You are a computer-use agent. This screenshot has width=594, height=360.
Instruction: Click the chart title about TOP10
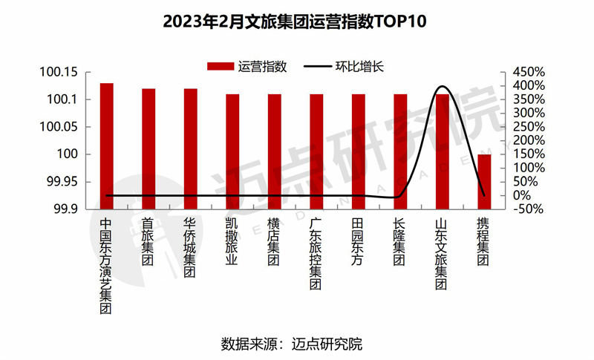(297, 20)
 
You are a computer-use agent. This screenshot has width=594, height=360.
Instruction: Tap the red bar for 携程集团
(484, 181)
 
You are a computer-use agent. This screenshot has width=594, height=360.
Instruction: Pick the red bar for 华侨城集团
(191, 148)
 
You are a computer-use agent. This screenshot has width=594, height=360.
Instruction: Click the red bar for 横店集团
(275, 151)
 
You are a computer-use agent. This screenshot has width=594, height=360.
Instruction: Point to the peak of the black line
(443, 87)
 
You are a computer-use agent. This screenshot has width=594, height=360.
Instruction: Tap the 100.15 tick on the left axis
(59, 73)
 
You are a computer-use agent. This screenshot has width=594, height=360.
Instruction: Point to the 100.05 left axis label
(59, 127)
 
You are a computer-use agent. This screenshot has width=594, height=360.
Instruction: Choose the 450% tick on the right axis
(529, 73)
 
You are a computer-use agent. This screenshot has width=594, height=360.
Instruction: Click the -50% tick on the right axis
(529, 209)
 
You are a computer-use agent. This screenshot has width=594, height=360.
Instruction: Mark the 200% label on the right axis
(529, 141)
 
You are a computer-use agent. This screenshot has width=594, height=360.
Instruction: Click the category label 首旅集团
(148, 242)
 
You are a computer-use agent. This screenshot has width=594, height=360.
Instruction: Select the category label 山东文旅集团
(442, 253)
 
